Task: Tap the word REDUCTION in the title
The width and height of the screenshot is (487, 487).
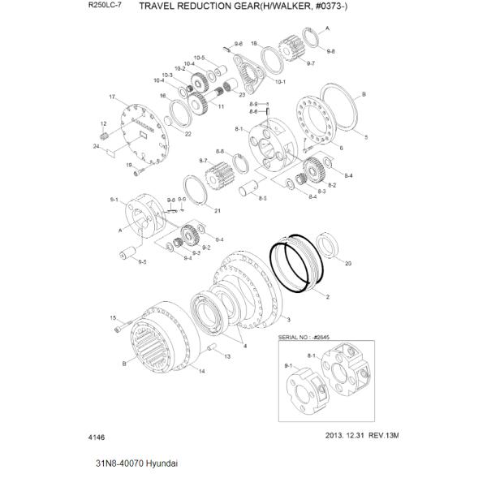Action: tap(215, 6)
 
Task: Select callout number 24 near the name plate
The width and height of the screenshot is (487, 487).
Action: tap(96, 146)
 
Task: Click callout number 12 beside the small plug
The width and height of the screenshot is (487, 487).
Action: tap(103, 123)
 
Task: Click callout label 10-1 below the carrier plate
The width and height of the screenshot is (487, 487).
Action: tap(281, 81)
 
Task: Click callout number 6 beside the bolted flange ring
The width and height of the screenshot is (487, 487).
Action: tap(340, 148)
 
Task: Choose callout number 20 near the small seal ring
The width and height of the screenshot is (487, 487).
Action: tap(348, 264)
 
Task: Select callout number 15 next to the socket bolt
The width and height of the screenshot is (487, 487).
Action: tap(113, 317)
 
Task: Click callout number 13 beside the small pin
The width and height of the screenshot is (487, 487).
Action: tap(228, 356)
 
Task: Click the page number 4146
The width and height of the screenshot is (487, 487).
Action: tap(96, 436)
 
